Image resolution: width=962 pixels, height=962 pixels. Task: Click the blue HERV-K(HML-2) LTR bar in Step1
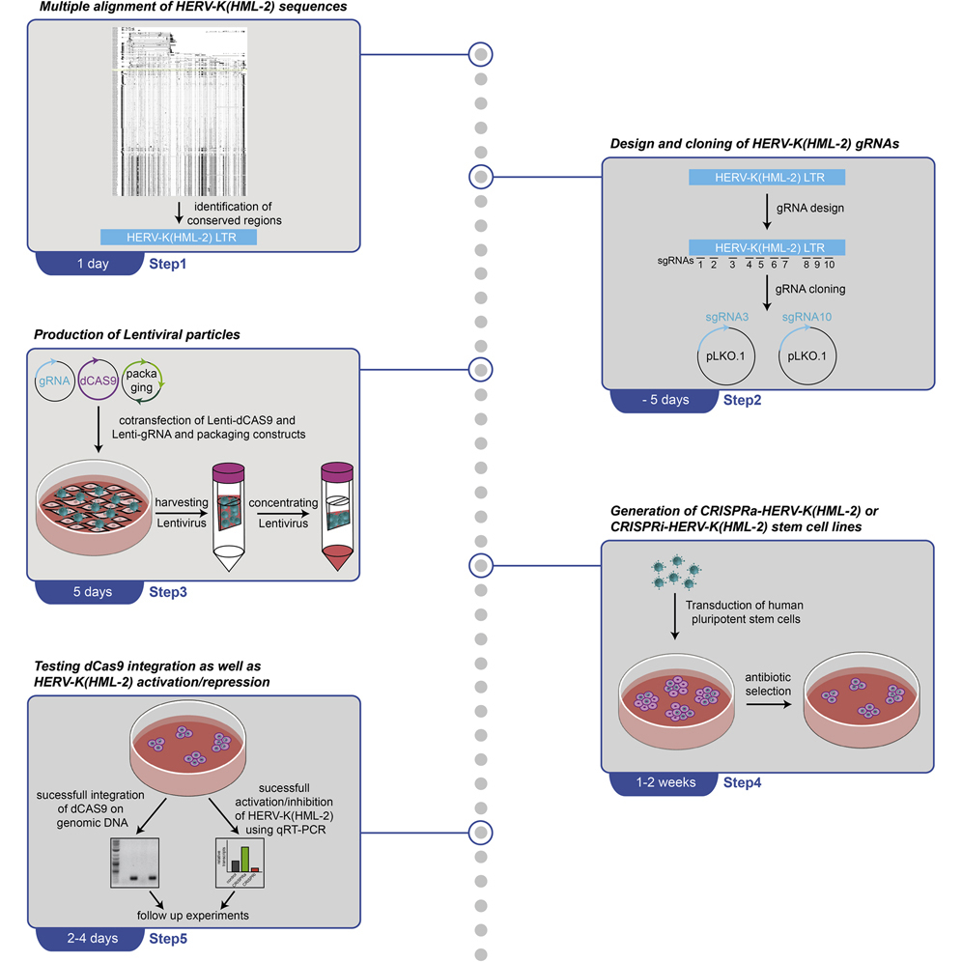point(179,236)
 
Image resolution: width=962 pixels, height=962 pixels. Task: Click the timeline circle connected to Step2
point(480,177)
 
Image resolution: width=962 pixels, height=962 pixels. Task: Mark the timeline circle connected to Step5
point(480,832)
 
